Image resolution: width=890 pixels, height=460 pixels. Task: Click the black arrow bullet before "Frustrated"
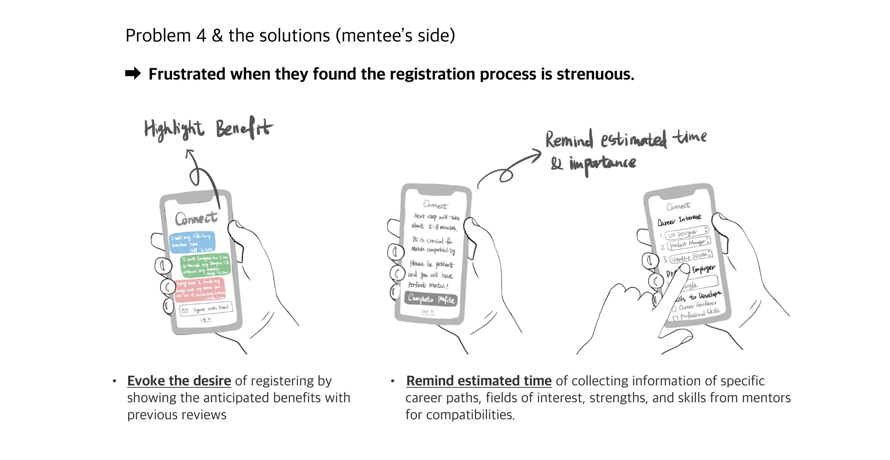(133, 74)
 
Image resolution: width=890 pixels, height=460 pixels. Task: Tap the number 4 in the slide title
(201, 36)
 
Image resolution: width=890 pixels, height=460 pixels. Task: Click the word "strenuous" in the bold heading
(595, 74)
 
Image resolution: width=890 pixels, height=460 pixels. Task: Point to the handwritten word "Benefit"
(244, 128)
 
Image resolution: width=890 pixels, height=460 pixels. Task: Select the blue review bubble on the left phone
(192, 243)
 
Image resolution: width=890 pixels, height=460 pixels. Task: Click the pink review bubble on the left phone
(200, 290)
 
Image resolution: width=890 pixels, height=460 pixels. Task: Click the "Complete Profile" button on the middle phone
(431, 299)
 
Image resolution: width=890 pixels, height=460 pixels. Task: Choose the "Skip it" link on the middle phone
(427, 312)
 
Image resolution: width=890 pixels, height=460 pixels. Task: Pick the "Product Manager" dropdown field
(689, 244)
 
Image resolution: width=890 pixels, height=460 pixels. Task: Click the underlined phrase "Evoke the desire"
(179, 381)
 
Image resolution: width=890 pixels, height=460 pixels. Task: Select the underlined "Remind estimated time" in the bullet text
(479, 381)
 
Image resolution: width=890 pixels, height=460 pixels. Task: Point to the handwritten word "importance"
(602, 164)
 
